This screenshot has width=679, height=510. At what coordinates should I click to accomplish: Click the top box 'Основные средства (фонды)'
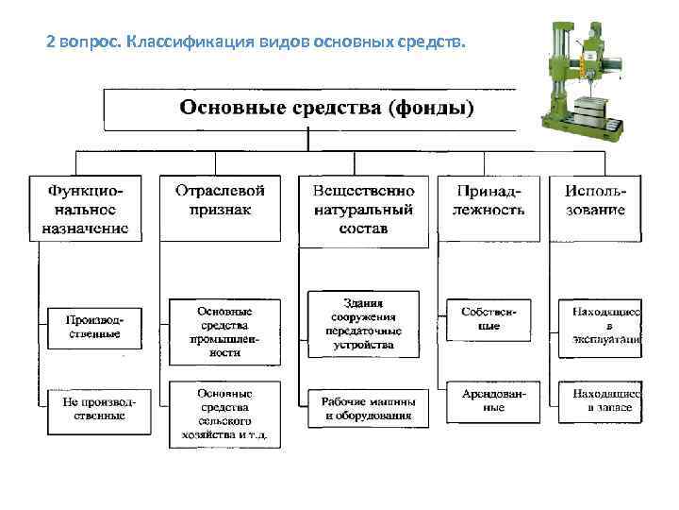(x=311, y=109)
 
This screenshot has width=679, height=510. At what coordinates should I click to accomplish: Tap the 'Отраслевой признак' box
(x=220, y=207)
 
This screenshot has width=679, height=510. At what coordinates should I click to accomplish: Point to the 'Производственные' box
(x=92, y=326)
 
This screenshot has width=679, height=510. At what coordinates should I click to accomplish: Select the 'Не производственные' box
(x=92, y=408)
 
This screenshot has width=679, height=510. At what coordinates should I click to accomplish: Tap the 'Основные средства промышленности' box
(x=225, y=331)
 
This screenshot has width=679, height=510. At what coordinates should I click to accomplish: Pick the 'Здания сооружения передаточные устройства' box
(x=364, y=324)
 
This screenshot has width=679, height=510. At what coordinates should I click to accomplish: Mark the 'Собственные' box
(x=489, y=318)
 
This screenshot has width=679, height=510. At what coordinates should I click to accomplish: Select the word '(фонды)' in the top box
(x=428, y=108)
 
